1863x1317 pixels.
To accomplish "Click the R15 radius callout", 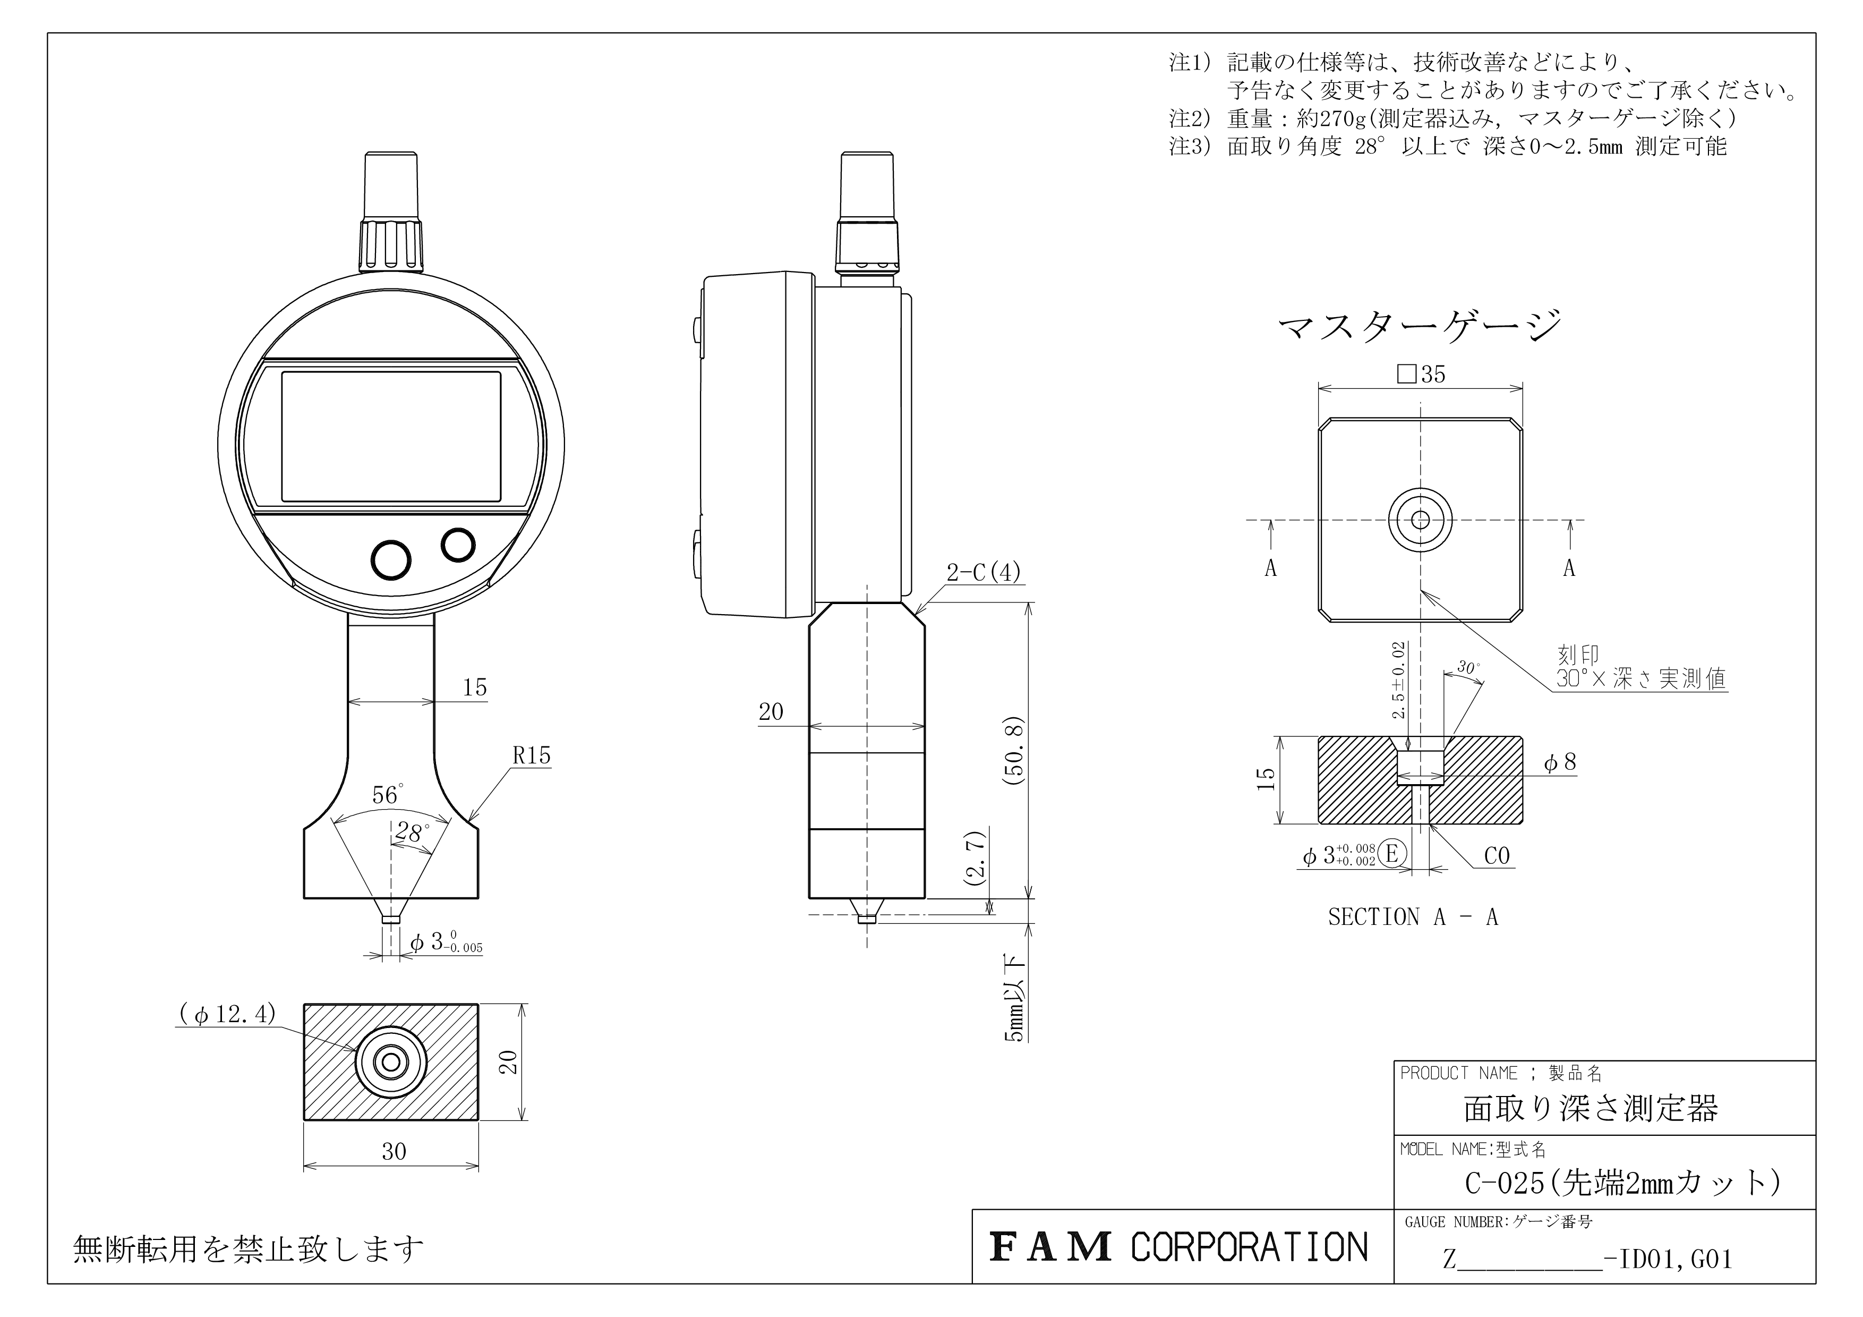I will coord(532,755).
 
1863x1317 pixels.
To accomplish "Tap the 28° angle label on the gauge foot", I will coord(412,832).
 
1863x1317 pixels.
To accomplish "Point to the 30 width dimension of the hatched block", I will coord(394,1151).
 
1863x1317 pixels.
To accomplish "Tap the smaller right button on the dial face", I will coord(458,545).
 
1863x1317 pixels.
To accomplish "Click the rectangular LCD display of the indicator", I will coord(391,437).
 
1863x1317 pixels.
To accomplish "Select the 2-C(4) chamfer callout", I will coord(984,573).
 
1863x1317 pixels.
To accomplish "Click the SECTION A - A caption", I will coord(1413,917).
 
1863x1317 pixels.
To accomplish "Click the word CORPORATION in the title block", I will coord(1250,1247).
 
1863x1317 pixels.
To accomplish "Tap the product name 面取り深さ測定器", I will coord(1591,1108).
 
